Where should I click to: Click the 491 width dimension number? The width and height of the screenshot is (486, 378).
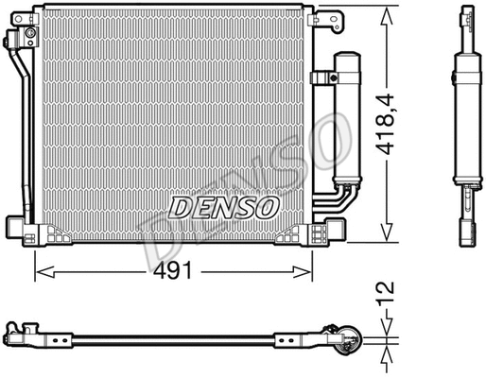pos(173,270)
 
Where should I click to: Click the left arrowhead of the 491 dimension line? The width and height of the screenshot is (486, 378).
pos(40,271)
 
